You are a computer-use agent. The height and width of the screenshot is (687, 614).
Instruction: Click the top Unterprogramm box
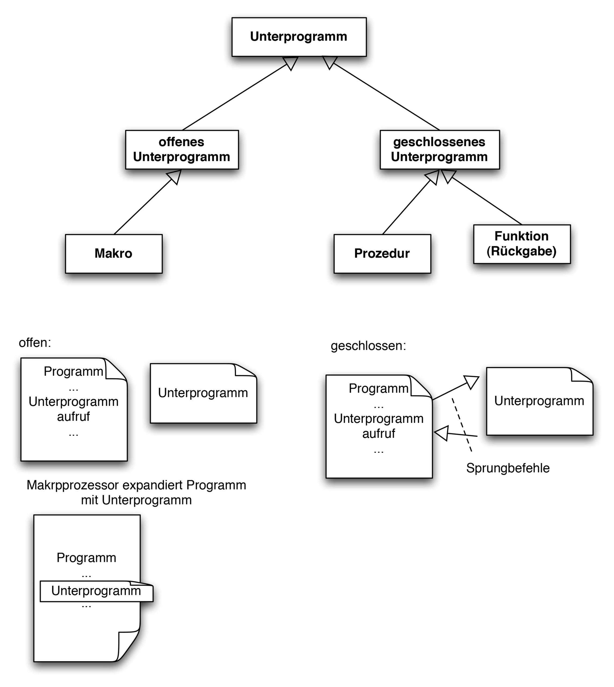click(x=299, y=37)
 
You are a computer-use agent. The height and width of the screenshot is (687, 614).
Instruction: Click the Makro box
click(x=114, y=254)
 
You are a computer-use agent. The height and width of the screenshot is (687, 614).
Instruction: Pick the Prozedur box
click(x=382, y=254)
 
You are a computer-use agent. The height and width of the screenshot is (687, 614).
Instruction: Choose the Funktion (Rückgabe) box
click(x=522, y=244)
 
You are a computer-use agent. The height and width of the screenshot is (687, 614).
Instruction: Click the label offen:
click(x=35, y=343)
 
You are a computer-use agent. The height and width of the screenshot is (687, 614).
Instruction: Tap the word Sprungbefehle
click(x=508, y=468)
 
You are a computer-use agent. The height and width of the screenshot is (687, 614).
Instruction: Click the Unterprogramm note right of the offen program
click(x=203, y=393)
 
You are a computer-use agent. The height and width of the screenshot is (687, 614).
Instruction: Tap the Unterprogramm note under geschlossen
click(x=539, y=401)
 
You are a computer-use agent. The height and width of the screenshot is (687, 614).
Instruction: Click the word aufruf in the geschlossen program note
click(x=378, y=433)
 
